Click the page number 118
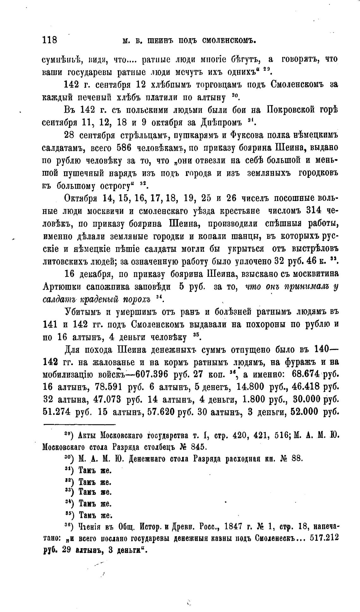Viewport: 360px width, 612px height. point(50,40)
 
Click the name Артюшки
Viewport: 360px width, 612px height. point(61,287)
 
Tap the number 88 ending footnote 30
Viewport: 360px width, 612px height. point(297,458)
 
